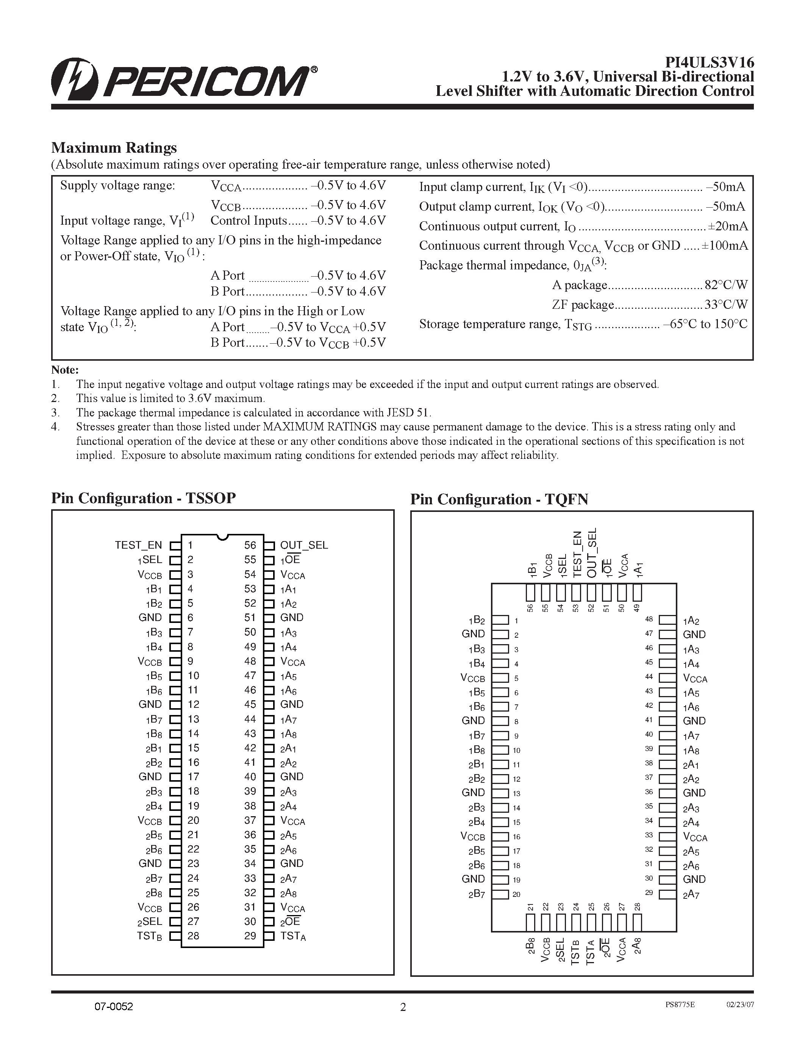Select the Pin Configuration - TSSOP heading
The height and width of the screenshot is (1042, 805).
click(143, 498)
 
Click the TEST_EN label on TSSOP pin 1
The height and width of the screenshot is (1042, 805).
click(138, 545)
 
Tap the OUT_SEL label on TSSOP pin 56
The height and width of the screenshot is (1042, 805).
click(304, 545)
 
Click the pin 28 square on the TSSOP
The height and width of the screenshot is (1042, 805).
click(175, 936)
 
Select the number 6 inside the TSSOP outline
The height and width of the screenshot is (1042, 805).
click(190, 617)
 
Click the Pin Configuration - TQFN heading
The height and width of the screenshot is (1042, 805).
click(499, 499)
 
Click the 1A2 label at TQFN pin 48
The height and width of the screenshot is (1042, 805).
click(691, 621)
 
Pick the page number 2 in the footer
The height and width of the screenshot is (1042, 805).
click(402, 1007)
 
